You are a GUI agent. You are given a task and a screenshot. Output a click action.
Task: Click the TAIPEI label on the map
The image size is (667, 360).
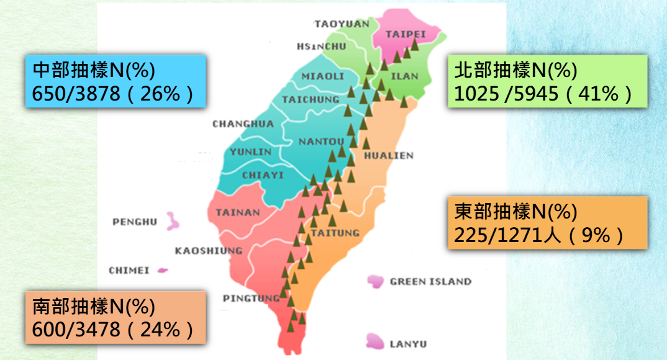coord(406,34)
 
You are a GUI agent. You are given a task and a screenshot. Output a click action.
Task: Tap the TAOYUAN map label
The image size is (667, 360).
coord(342,24)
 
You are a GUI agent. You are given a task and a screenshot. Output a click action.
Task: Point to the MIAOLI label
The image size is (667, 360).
coord(323,76)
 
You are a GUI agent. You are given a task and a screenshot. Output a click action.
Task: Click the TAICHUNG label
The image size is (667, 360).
coord(311,99)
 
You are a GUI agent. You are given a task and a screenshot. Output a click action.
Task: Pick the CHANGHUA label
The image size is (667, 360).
coord(243,124)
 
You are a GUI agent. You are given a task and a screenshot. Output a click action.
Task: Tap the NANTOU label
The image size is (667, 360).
coord(321,142)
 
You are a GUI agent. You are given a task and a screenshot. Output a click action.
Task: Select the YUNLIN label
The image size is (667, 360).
coord(250,152)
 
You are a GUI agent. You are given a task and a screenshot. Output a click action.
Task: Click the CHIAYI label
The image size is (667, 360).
coord(263,176)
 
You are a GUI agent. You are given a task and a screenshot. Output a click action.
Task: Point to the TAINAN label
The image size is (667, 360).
coord(238,213)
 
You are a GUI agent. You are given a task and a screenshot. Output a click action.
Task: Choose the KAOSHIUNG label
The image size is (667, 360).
coord(208,251)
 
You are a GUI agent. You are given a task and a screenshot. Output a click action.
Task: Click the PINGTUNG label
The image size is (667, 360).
coord(251,299)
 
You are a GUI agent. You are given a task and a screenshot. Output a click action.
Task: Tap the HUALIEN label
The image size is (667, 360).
coord(388,156)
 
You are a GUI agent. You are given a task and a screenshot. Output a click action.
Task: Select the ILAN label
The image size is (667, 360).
coord(406,76)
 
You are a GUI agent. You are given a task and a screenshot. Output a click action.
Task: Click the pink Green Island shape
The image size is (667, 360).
coord(375,282)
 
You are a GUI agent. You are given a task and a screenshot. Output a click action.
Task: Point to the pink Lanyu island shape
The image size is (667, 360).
coord(375,340)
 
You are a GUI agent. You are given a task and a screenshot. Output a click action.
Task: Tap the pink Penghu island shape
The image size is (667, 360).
coord(171,221)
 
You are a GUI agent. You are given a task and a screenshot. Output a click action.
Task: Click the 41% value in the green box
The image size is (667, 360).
coord(599,94)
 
